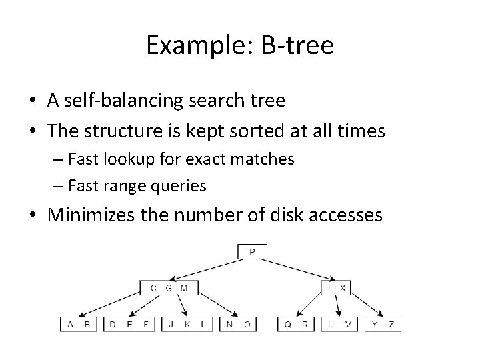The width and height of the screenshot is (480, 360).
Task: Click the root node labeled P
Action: [252, 251]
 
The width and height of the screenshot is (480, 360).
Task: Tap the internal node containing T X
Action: [335, 288]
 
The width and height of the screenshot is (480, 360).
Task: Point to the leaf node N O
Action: [239, 325]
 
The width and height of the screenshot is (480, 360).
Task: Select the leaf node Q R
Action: [295, 325]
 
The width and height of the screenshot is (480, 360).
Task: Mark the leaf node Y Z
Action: [383, 325]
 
